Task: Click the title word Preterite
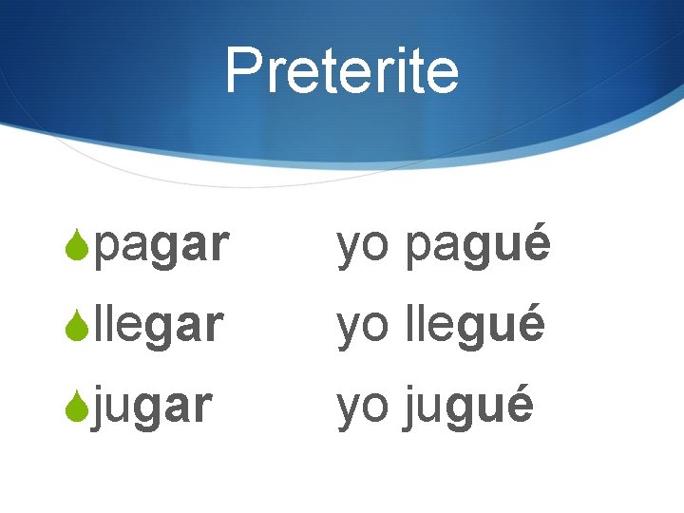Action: coord(342,71)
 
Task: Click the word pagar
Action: coord(162,247)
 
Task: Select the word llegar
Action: coord(160,326)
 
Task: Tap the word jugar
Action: coord(154,407)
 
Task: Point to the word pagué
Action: coord(478,247)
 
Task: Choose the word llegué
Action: coord(475,326)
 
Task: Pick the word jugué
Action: coord(469,407)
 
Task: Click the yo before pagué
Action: coord(362,249)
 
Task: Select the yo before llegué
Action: coord(362,328)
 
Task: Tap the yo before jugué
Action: coord(362,408)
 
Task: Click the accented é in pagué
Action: coord(536,245)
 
